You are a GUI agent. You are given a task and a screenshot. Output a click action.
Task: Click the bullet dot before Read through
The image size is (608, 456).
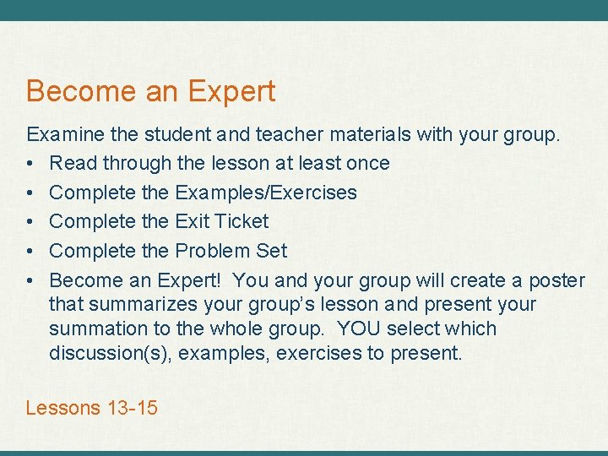(30, 164)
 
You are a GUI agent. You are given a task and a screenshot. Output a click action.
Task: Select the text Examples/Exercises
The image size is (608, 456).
(265, 193)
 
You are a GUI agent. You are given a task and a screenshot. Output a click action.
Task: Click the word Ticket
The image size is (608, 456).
(240, 221)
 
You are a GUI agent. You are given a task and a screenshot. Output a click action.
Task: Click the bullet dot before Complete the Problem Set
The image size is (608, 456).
(30, 252)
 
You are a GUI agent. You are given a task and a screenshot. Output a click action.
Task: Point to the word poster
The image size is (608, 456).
(556, 280)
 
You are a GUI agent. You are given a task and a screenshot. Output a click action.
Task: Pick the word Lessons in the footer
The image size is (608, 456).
(63, 408)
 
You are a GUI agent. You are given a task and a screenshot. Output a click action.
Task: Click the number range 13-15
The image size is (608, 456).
(133, 408)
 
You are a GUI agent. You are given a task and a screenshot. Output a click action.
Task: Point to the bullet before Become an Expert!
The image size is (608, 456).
(30, 281)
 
